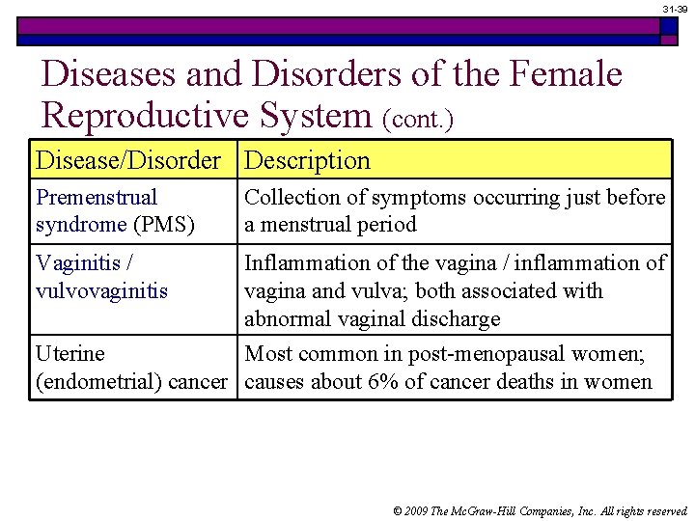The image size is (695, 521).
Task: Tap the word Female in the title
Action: point(558,73)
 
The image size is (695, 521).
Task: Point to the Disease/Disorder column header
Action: point(128,160)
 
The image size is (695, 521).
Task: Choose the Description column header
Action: point(307,160)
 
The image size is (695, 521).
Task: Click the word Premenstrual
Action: point(97,198)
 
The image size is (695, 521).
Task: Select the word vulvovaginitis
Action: point(101,290)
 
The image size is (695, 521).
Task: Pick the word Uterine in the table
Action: point(69,354)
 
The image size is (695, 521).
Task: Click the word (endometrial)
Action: point(99,381)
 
